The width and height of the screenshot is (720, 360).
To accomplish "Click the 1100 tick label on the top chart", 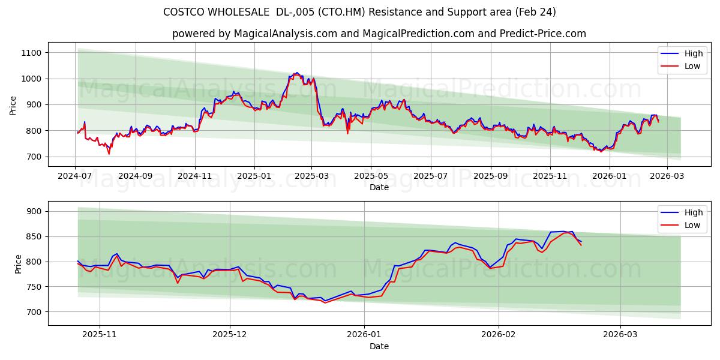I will click(x=30, y=53).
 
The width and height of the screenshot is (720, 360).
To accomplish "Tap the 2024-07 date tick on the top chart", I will click(x=75, y=176).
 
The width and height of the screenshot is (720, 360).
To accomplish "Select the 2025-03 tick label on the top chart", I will click(x=311, y=176).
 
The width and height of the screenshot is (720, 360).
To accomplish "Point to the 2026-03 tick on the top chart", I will click(x=668, y=176).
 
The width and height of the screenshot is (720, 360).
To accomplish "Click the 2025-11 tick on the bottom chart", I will click(x=99, y=335).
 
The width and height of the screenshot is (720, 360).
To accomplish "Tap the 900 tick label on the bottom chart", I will click(x=34, y=211).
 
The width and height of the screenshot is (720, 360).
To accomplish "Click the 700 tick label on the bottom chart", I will click(x=34, y=312).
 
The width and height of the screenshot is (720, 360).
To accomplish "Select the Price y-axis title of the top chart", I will click(x=13, y=105).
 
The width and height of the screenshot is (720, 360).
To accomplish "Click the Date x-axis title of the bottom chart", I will click(x=379, y=346).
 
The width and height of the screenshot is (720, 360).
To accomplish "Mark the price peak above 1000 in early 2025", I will click(x=296, y=73).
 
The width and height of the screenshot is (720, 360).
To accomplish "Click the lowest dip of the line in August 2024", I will click(x=109, y=154).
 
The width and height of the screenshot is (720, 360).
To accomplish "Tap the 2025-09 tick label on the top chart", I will click(x=490, y=176).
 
